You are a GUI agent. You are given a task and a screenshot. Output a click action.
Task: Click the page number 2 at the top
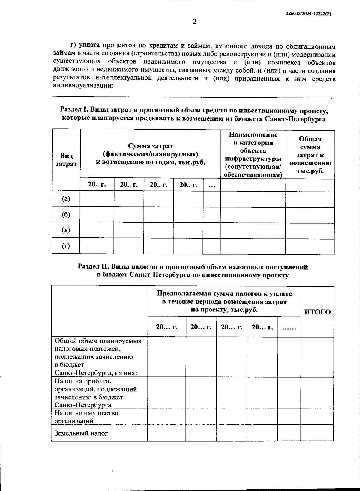[x=194, y=22]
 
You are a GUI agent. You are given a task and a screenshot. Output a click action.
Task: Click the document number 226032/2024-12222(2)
[x=308, y=14]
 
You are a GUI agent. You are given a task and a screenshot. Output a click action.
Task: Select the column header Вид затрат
[x=66, y=159]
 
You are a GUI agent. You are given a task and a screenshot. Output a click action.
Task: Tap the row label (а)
[x=66, y=198]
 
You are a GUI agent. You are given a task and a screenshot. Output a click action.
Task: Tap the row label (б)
[x=66, y=214]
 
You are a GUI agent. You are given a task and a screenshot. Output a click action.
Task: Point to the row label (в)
[x=66, y=230]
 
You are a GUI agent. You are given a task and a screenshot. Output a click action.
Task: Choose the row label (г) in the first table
[x=66, y=246]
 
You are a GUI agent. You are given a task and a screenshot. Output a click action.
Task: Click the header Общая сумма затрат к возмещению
[x=310, y=155]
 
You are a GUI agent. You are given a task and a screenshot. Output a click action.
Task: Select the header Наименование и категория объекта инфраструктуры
[x=253, y=155]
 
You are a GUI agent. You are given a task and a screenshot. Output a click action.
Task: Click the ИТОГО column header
[x=317, y=312]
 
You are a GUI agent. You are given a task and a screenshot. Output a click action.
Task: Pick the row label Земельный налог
[x=81, y=433]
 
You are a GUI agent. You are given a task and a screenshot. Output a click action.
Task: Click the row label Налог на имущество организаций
[x=86, y=417]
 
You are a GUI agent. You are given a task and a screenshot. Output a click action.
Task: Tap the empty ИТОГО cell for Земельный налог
[x=317, y=433]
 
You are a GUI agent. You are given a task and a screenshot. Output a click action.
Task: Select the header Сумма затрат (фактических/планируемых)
[x=151, y=154]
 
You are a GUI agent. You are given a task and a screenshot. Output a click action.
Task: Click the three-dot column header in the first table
[x=212, y=185]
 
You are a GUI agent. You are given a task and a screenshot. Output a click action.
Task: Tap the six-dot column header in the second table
[x=289, y=327]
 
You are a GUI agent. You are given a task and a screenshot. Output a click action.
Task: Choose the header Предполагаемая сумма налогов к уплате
[x=224, y=302]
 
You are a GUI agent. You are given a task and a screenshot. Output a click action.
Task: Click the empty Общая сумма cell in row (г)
[x=310, y=247]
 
